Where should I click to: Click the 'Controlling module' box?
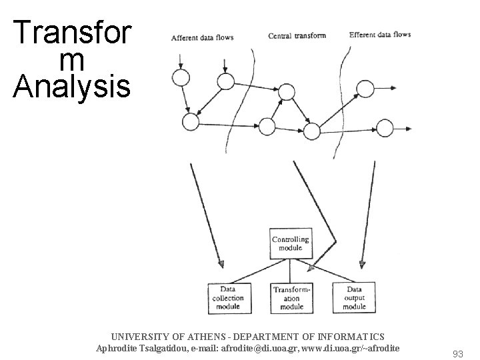[290, 244]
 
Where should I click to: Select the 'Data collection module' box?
[228, 298]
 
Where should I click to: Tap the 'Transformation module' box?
[291, 298]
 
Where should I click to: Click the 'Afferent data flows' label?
[202, 38]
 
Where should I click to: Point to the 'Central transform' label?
[297, 35]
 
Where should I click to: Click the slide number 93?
[457, 354]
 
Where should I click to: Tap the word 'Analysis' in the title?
[71, 86]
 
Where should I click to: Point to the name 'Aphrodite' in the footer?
[119, 348]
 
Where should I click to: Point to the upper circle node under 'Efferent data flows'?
[365, 89]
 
